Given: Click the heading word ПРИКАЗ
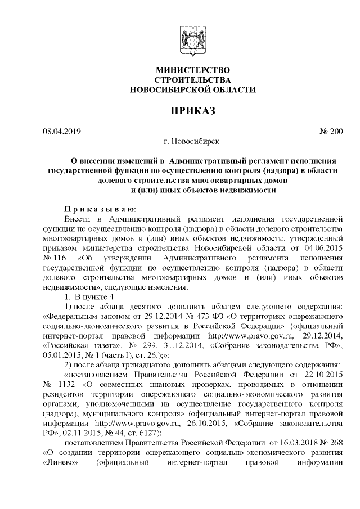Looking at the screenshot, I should pyautogui.click(x=192, y=110).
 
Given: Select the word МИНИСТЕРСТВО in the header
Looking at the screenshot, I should pyautogui.click(x=192, y=70).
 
